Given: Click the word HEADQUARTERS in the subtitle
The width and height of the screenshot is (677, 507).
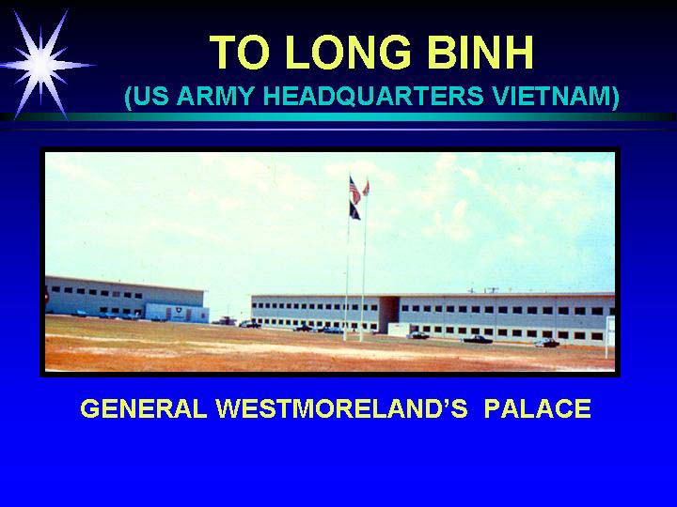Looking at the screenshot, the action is pyautogui.click(x=373, y=96).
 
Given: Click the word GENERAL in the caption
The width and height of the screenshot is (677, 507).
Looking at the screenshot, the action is pyautogui.click(x=144, y=408).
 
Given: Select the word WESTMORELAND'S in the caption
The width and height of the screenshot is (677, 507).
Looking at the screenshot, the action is pyautogui.click(x=341, y=408).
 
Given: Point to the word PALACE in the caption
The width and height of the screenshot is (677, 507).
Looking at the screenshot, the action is pyautogui.click(x=537, y=408).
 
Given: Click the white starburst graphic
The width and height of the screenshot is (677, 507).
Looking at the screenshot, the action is pyautogui.click(x=42, y=65).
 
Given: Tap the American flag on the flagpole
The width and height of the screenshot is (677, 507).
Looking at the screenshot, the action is pyautogui.click(x=354, y=190).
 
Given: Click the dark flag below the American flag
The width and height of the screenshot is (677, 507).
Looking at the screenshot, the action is pyautogui.click(x=354, y=211).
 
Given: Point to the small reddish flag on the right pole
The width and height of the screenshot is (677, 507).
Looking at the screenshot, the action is pyautogui.click(x=366, y=188).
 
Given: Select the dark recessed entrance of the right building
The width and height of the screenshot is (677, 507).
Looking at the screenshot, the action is pyautogui.click(x=388, y=315).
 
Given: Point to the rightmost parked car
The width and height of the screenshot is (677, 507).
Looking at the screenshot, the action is pyautogui.click(x=547, y=344).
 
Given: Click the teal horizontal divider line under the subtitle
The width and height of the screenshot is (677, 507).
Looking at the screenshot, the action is pyautogui.click(x=338, y=117).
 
